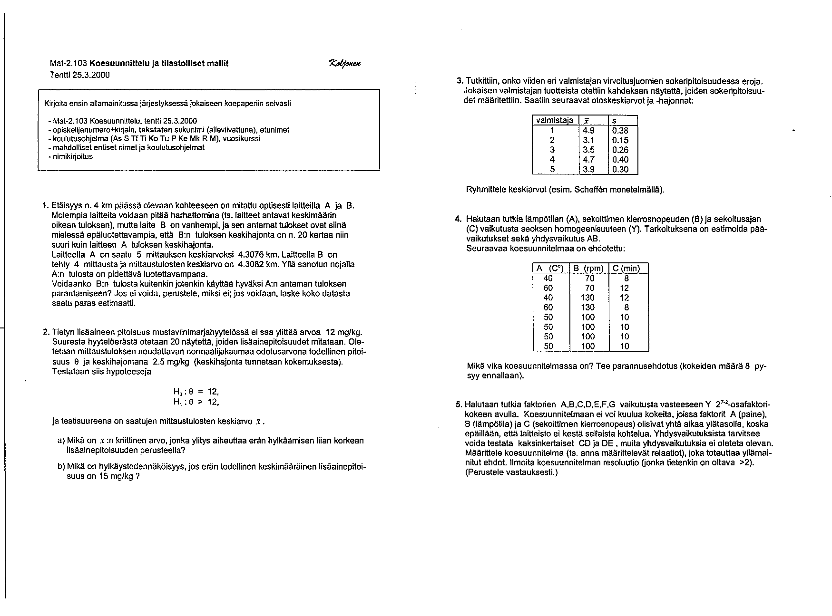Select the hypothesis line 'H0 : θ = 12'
tap(196, 392)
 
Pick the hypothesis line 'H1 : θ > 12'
tap(196, 402)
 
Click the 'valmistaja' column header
tap(555, 121)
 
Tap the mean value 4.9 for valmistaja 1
tap(588, 131)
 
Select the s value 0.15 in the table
tap(620, 140)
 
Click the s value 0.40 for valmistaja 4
tap(620, 160)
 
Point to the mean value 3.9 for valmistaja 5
tap(588, 169)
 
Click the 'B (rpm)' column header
tap(589, 268)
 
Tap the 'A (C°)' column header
tap(550, 268)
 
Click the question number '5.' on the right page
tap(459, 405)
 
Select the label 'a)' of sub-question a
tap(61, 441)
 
